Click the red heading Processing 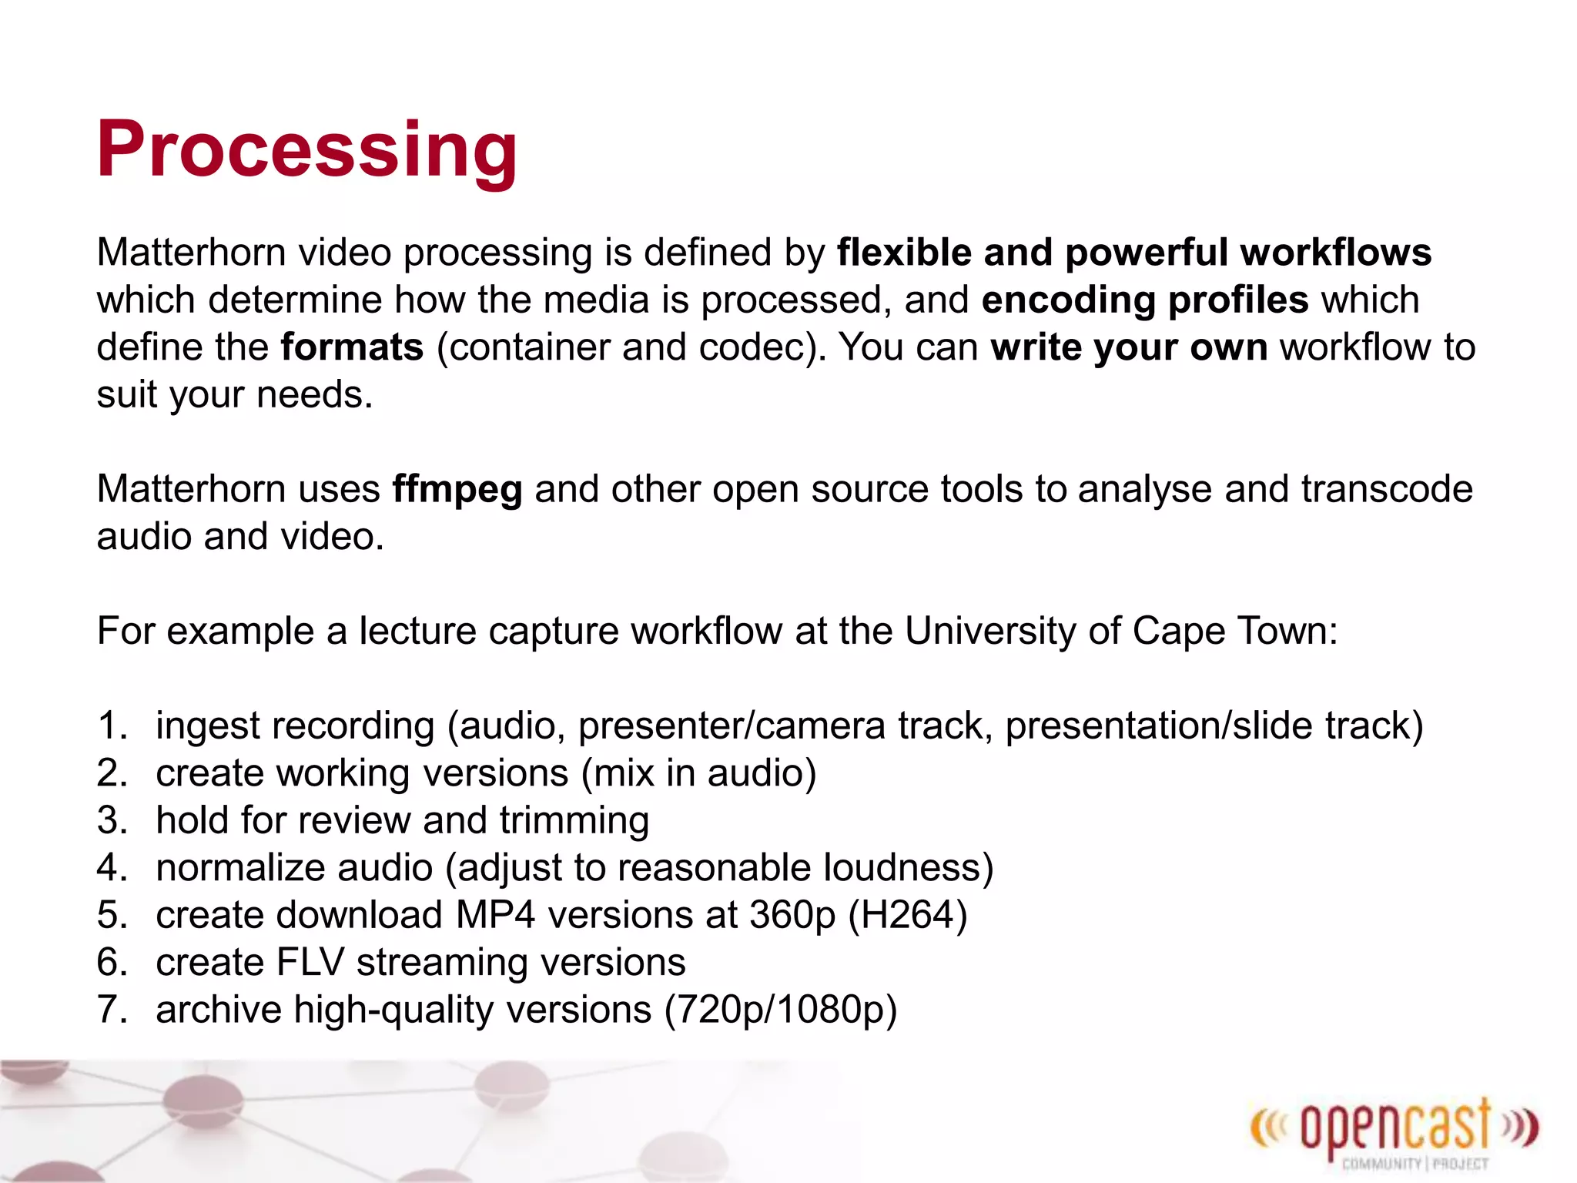click(306, 150)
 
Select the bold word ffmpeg click(457, 490)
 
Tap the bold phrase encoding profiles click(1144, 300)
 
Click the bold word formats click(352, 347)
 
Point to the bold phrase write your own click(1129, 347)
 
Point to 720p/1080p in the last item click(781, 1010)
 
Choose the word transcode click(1387, 490)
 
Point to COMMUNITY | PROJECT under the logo click(1415, 1164)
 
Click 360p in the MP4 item click(792, 916)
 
